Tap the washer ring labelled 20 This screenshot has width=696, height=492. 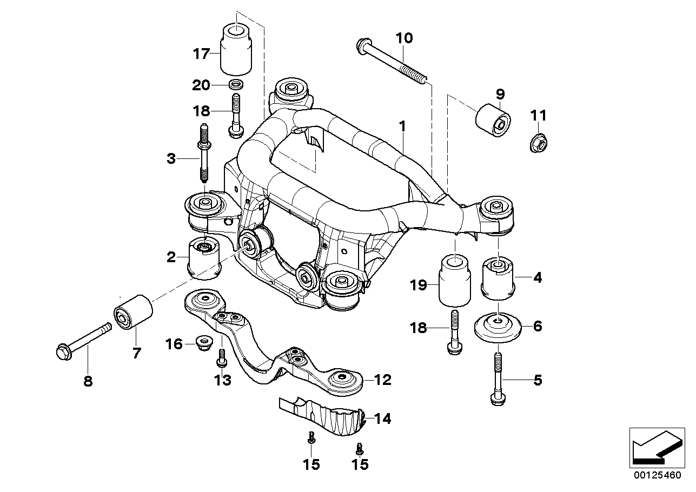(x=235, y=85)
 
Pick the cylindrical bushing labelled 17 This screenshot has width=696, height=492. (x=236, y=50)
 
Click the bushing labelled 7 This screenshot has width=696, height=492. (x=134, y=312)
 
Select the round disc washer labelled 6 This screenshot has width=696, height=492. (x=496, y=327)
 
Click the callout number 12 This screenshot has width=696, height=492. (x=382, y=380)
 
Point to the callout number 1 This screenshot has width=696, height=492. (x=402, y=126)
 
